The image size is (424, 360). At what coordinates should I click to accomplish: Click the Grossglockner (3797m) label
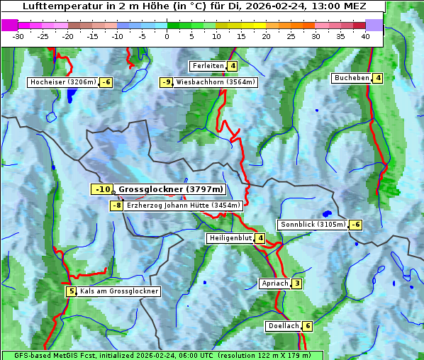[171, 189]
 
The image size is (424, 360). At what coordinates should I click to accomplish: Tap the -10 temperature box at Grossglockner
[102, 189]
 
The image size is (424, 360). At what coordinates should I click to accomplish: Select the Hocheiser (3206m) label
[62, 82]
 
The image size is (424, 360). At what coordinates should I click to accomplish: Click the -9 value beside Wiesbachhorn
[167, 82]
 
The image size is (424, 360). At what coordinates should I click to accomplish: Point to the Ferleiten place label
[208, 66]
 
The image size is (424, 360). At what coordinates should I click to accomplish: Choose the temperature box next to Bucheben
[378, 78]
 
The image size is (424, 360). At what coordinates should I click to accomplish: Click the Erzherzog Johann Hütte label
[184, 206]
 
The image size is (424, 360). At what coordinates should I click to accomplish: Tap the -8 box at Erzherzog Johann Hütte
[116, 206]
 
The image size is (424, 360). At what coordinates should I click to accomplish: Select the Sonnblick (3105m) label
[313, 225]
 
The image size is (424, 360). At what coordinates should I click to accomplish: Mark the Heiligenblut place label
[230, 238]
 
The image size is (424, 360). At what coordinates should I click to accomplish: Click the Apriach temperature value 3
[297, 283]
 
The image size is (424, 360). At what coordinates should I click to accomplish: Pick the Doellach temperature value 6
[307, 326]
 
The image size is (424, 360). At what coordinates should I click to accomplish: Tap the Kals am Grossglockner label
[118, 291]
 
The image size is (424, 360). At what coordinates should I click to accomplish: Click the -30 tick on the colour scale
[18, 35]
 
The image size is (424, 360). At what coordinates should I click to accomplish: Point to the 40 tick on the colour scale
[365, 35]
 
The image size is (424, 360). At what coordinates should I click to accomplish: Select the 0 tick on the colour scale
[167, 35]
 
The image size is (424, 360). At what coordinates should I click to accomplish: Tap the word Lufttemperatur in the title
[58, 6]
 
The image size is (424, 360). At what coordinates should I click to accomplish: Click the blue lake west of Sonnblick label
[326, 213]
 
